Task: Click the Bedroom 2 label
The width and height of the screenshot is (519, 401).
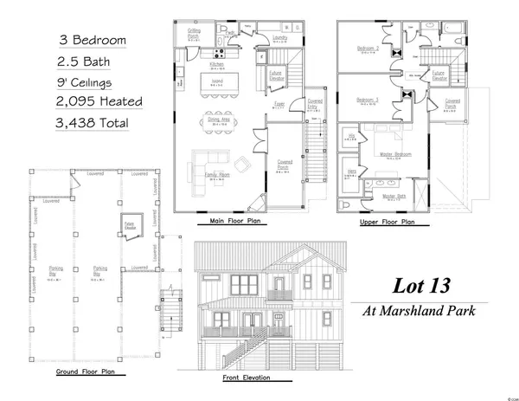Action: [368, 49]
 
